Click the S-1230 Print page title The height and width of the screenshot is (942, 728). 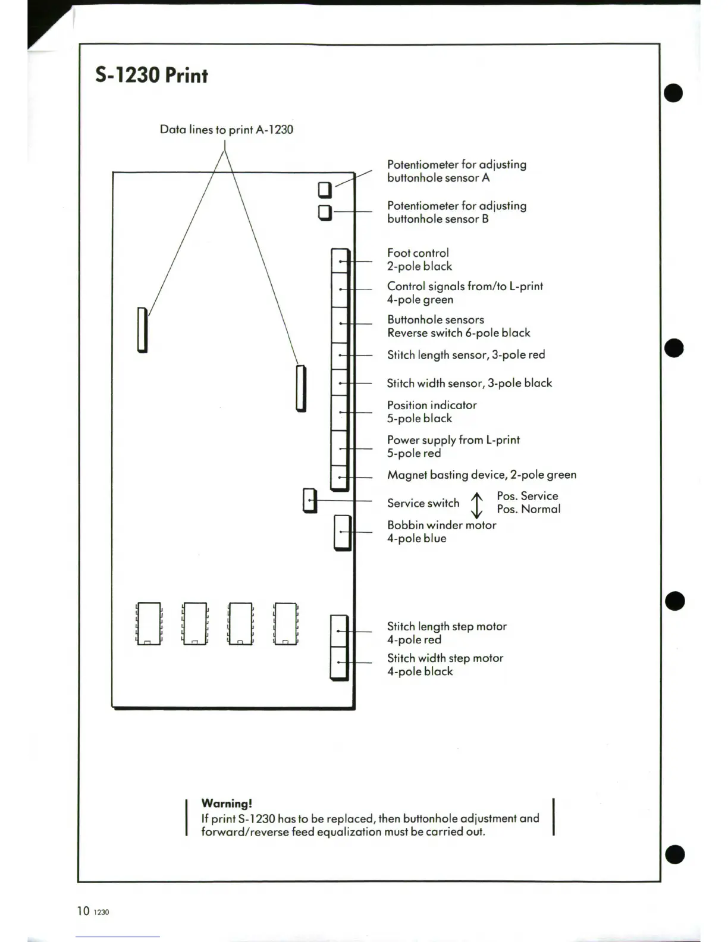pyautogui.click(x=151, y=76)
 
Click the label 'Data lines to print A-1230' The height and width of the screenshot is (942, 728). pyautogui.click(x=226, y=130)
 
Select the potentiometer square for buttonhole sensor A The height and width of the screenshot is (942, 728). pyautogui.click(x=325, y=190)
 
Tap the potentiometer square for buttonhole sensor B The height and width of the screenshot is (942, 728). pyautogui.click(x=325, y=212)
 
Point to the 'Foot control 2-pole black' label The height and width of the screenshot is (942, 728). pyautogui.click(x=419, y=260)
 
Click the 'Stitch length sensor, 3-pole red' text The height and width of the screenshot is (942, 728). pyautogui.click(x=466, y=355)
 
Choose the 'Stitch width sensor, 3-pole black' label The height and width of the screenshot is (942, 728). pyautogui.click(x=469, y=383)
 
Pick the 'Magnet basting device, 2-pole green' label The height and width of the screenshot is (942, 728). pyautogui.click(x=481, y=475)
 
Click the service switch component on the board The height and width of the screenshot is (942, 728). pyautogui.click(x=310, y=501)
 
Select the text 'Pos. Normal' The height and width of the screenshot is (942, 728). pyautogui.click(x=529, y=509)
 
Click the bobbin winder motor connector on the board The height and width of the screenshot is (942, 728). pyautogui.click(x=342, y=532)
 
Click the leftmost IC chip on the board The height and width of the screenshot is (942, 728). pyautogui.click(x=149, y=623)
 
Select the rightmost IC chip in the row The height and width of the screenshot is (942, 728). pyautogui.click(x=285, y=623)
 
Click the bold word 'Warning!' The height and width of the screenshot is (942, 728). pyautogui.click(x=227, y=803)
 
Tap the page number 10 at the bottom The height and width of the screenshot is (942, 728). pyautogui.click(x=83, y=910)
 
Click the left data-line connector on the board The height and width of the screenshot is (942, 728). pyautogui.click(x=142, y=329)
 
